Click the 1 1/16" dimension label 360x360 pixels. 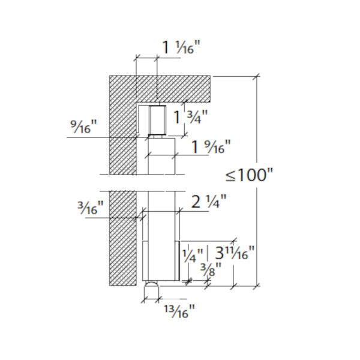pos(181,47)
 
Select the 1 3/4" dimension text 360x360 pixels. pos(190,117)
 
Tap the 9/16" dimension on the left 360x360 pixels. pos(83,127)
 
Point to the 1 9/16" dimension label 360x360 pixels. pos(211,146)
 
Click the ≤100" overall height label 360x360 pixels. pos(249,175)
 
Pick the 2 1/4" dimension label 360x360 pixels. pos(208,202)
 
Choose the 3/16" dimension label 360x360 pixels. pos(91,208)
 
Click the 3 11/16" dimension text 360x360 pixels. pos(235,253)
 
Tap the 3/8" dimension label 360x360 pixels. pos(211,269)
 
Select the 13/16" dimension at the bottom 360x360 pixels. pos(179,311)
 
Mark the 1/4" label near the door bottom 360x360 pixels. pos(193,256)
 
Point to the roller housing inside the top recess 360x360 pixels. pos(157,120)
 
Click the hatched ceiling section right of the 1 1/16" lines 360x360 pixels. pos(184,89)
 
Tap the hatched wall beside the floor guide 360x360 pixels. pos(123,251)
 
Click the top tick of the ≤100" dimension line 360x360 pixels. pos(257,76)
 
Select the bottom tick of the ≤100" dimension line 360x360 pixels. pos(257,286)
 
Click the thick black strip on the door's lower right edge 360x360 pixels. pos(179,260)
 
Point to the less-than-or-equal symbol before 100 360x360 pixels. pos(230,176)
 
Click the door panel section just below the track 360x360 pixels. pos(161,156)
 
